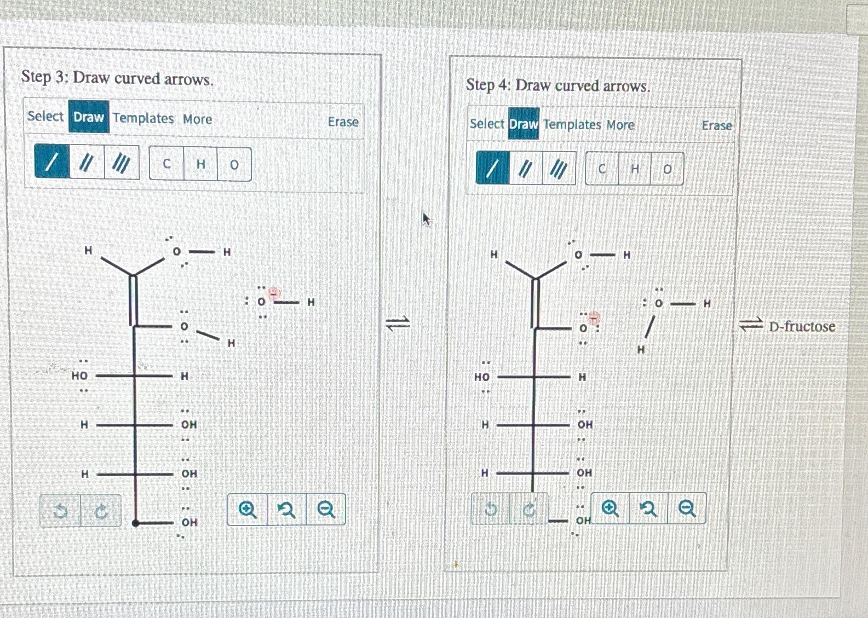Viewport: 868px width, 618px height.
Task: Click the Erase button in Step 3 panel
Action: click(x=343, y=122)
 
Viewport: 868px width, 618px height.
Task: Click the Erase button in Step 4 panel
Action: click(x=716, y=126)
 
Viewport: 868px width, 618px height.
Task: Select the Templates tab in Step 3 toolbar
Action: click(x=143, y=118)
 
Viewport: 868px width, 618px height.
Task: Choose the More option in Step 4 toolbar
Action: click(x=620, y=125)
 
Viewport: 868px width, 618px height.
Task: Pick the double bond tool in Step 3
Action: click(x=86, y=163)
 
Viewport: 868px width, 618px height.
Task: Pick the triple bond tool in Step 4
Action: click(x=558, y=169)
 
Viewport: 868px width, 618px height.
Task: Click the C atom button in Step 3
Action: click(x=166, y=164)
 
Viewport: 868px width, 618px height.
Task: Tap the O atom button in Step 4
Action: click(x=666, y=169)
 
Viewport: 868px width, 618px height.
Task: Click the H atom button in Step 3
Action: click(x=200, y=164)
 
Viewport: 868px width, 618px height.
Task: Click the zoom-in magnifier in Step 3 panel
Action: click(x=248, y=510)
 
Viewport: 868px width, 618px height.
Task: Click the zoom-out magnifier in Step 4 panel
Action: click(x=686, y=509)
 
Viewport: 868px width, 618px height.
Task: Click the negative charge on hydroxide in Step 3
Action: click(x=274, y=294)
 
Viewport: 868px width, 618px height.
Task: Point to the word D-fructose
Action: click(x=802, y=327)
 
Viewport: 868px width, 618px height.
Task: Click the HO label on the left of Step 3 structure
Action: click(x=79, y=376)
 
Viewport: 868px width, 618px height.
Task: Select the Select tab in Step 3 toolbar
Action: click(x=45, y=116)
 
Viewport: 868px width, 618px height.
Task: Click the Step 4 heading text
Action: click(x=557, y=86)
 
